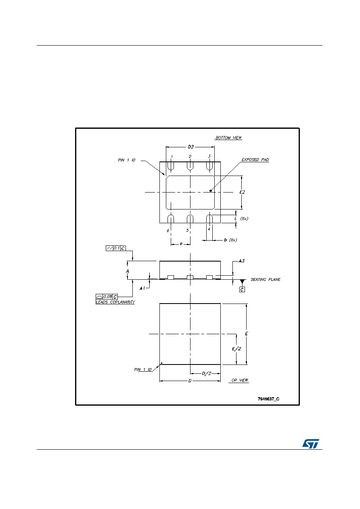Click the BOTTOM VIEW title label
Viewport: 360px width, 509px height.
(x=228, y=138)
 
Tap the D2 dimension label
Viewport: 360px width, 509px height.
(x=191, y=147)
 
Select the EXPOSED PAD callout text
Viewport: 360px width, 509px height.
(x=255, y=160)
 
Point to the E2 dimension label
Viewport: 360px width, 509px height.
(x=242, y=192)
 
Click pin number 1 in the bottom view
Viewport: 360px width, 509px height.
(x=172, y=157)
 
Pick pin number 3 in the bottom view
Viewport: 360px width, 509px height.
(x=209, y=156)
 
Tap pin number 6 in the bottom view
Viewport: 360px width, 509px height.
(x=168, y=230)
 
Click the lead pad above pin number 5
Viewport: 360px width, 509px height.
(x=190, y=219)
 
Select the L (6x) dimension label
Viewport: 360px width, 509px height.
(x=241, y=219)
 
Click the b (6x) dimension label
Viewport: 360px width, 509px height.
(x=230, y=240)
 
